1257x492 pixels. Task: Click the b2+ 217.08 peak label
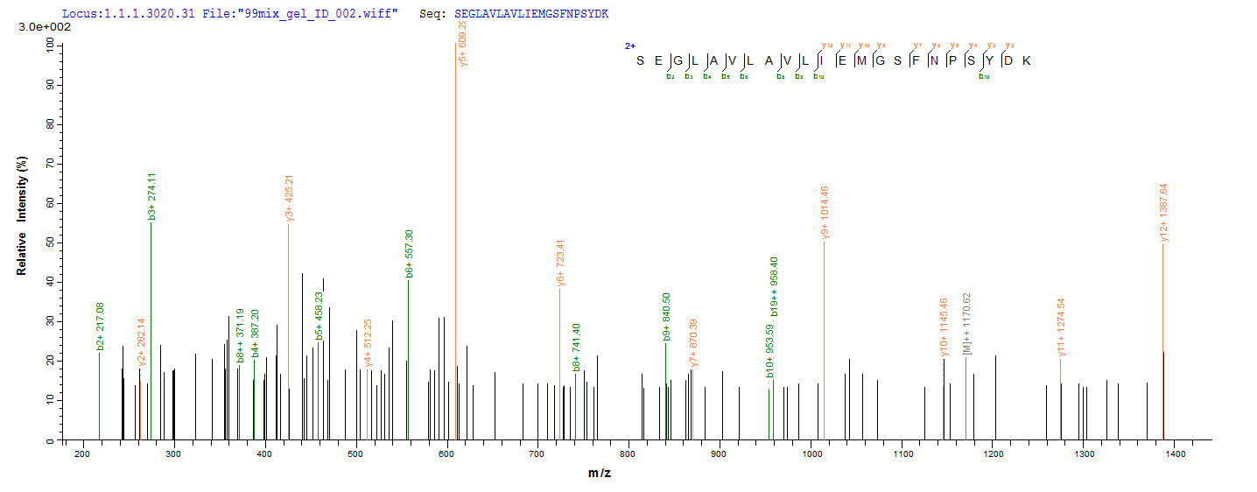click(100, 325)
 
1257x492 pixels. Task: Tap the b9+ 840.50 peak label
click(666, 315)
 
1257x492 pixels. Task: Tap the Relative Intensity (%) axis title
click(22, 216)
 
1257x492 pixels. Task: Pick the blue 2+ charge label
click(629, 46)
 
